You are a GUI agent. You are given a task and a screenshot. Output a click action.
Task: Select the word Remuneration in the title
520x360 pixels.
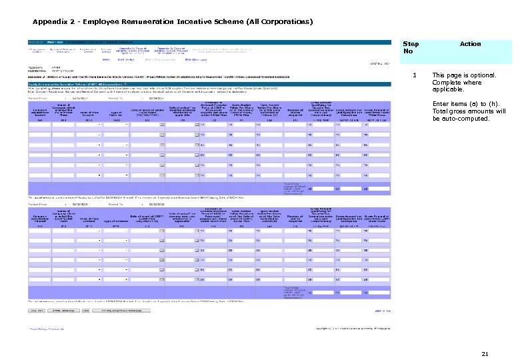tap(161, 21)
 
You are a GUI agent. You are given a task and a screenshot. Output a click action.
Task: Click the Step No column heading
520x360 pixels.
tap(411, 48)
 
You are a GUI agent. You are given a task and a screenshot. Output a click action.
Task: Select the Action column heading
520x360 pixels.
tap(470, 44)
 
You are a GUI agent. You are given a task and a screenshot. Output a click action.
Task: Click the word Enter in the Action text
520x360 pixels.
tap(442, 104)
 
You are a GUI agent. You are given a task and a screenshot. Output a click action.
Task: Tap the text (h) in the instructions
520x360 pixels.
tap(497, 104)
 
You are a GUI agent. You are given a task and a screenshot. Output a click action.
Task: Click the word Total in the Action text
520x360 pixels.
tap(441, 111)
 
